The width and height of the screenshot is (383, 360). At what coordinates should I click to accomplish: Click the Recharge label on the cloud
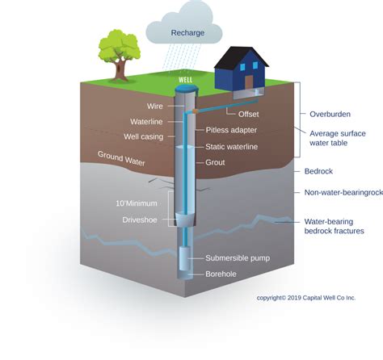point(187,33)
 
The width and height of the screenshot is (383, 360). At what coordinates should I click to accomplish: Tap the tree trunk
point(120,69)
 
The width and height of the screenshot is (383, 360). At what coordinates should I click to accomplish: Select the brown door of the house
point(249,82)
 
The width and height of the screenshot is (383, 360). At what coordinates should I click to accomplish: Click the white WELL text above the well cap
point(186,80)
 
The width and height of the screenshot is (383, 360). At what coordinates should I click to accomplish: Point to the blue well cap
point(185,89)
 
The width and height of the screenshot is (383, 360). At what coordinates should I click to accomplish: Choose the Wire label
point(155,107)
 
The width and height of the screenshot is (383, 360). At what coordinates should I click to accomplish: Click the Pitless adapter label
point(231,130)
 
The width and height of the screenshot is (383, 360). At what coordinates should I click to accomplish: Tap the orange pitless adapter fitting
point(196,111)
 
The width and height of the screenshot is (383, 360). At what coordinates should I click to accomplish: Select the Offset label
point(248,115)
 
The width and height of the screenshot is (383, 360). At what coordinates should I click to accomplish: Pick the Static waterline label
point(232,147)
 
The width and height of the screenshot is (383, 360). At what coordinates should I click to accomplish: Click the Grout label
point(215,162)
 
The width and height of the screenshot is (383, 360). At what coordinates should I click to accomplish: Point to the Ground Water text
point(121,158)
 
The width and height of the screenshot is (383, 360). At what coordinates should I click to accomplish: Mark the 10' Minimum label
point(137,203)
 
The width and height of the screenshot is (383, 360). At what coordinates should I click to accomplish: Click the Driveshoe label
point(140,220)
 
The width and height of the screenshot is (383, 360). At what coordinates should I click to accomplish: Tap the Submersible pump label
point(238,258)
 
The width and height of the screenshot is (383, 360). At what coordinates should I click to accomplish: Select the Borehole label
point(221,274)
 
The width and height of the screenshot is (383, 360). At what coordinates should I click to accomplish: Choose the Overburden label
point(330,115)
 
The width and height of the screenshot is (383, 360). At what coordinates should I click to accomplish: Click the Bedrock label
point(318,171)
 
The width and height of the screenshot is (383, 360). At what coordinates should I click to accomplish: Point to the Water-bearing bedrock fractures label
point(334,226)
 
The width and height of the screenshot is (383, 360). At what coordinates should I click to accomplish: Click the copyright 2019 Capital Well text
point(306,298)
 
